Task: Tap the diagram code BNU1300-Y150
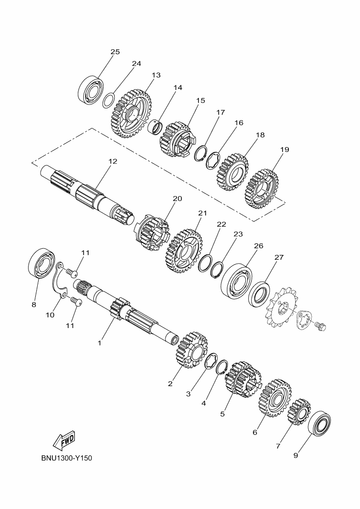pos(67,458)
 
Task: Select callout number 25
pos(115,52)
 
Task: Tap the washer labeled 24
pos(108,100)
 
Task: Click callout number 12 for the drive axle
pos(113,161)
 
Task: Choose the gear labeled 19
pos(262,189)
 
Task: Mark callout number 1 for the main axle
pos(100,343)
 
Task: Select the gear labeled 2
pos(191,350)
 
